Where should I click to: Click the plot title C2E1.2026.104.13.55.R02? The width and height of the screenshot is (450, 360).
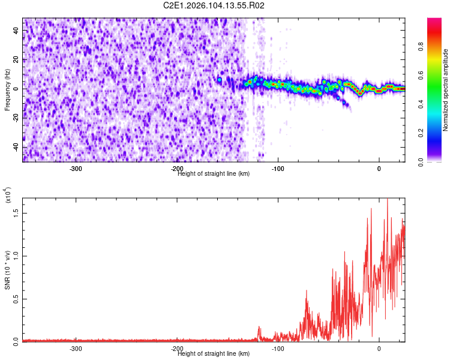point(214,5)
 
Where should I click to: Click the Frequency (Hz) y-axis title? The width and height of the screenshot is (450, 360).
point(7,90)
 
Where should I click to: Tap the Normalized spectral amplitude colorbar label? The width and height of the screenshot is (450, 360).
point(445,90)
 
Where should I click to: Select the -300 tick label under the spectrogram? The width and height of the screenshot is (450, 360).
point(76,169)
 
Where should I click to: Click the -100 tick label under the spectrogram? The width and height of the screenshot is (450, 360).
point(278,169)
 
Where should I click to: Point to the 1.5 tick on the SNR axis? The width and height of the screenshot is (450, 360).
point(16,212)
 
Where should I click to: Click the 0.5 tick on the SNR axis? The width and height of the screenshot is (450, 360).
point(16,299)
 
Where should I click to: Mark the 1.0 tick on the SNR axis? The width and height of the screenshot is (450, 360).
point(16,256)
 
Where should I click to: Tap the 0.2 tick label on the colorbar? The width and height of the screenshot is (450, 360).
point(422,133)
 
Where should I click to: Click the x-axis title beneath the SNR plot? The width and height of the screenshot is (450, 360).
point(214,354)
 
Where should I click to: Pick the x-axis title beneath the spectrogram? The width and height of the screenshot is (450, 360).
point(214,174)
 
